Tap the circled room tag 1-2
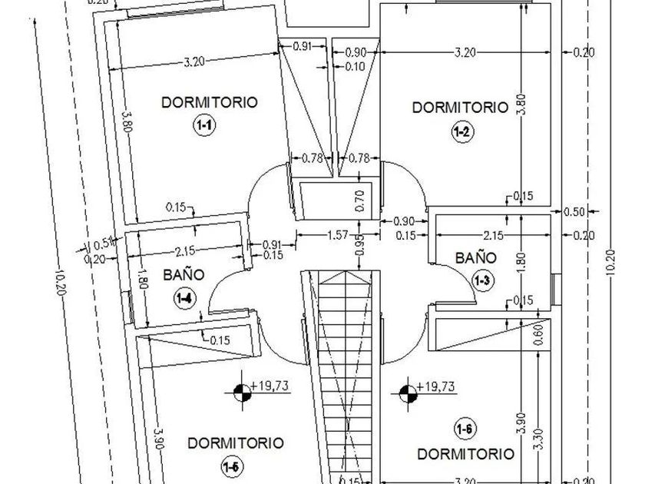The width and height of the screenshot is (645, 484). [x=461, y=132]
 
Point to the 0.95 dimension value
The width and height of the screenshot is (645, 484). [x=359, y=249]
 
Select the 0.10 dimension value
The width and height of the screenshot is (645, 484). [x=356, y=67]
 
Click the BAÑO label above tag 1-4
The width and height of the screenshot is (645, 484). [x=184, y=273]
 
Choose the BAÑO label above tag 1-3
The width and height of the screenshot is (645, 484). [x=476, y=258]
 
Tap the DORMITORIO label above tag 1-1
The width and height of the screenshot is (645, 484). [x=209, y=102]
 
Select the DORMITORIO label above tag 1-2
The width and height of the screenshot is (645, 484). [x=460, y=108]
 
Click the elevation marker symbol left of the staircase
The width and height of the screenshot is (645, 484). [x=242, y=393]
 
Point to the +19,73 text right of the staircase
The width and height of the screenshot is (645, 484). [x=435, y=386]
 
